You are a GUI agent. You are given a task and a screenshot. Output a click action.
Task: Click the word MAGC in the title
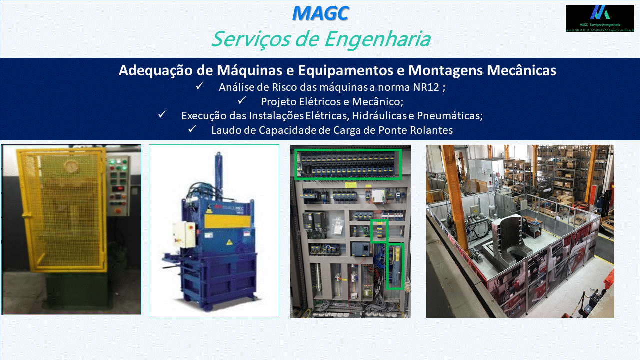tap(320, 13)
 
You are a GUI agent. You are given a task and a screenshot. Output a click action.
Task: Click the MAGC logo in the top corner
tap(599, 18)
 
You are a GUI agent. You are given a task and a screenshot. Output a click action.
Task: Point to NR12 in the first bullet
tap(426, 87)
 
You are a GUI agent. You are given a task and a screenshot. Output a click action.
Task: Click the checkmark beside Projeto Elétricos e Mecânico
tap(242, 101)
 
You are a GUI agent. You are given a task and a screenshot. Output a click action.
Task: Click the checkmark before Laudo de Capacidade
tap(192, 129)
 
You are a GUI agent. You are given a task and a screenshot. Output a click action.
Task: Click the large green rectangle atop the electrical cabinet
tap(348, 164)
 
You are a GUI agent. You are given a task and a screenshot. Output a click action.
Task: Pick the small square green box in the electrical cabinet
tap(379, 231)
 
